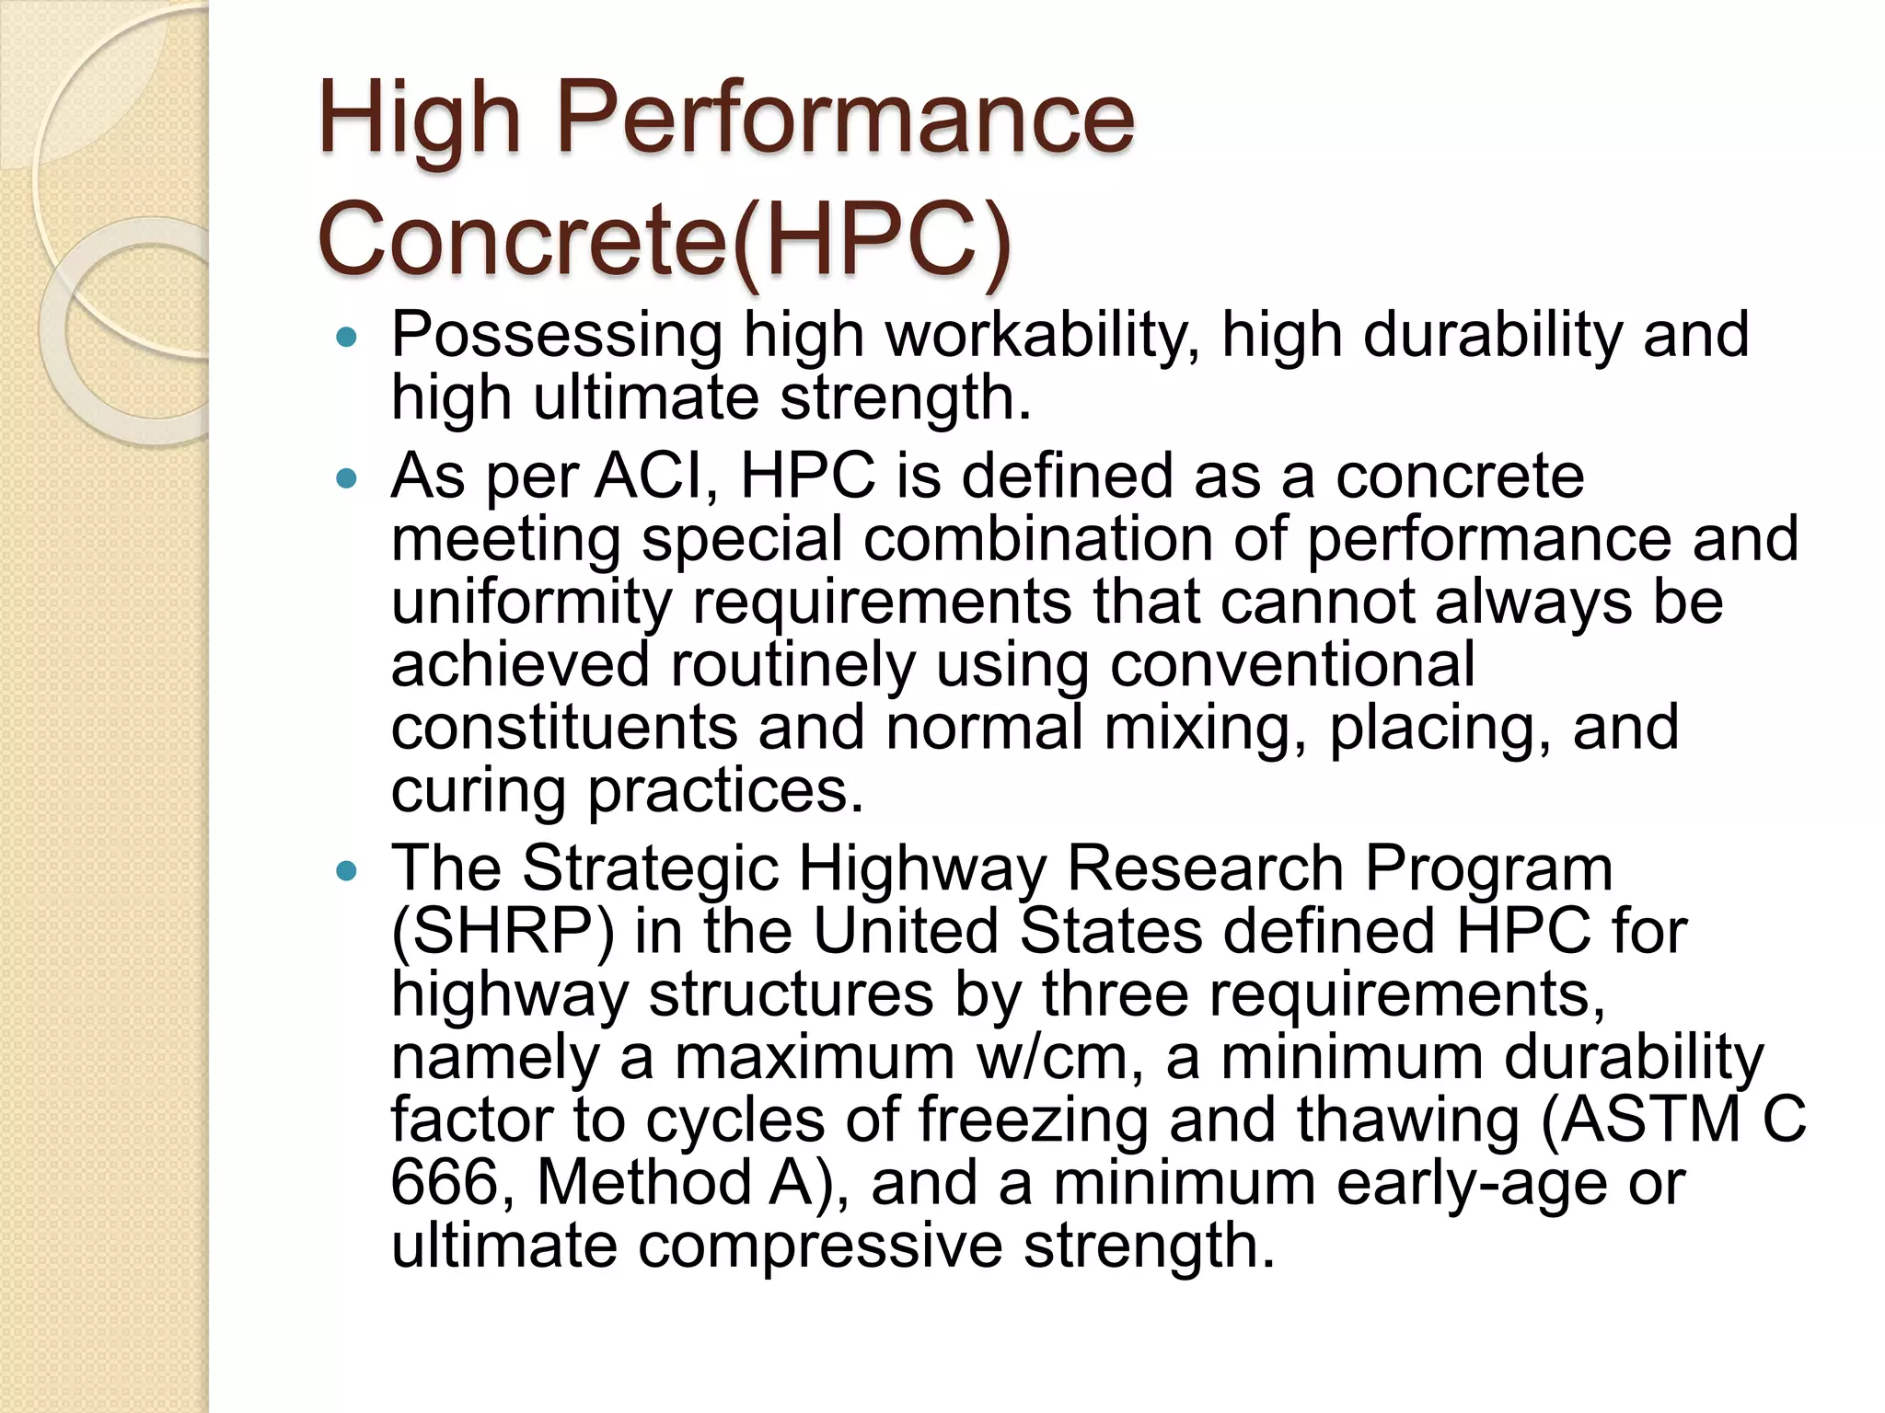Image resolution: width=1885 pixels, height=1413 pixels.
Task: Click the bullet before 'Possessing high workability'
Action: [x=346, y=339]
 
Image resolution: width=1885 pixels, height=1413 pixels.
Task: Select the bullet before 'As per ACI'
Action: [x=346, y=479]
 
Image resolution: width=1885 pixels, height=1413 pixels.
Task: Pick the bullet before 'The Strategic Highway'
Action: [x=346, y=871]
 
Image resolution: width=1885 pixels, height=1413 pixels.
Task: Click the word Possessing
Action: [x=556, y=337]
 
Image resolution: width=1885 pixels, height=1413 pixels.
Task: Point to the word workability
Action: [x=1042, y=337]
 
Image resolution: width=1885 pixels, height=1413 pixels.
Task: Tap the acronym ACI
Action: [x=655, y=477]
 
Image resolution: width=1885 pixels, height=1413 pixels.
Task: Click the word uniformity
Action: [x=531, y=603]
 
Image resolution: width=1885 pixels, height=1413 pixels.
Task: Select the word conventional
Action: [x=1292, y=664]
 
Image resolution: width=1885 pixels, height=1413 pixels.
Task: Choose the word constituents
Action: [x=564, y=728]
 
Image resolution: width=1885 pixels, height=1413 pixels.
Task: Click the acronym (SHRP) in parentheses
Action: [x=503, y=932]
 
